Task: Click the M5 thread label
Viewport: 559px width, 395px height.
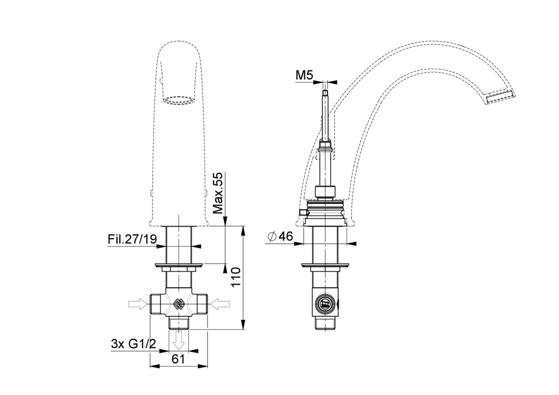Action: tap(304, 75)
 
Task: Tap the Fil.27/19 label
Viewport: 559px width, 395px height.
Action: tap(132, 239)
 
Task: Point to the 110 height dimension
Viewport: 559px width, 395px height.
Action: tap(236, 277)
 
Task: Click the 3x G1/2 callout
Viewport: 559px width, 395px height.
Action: tap(134, 344)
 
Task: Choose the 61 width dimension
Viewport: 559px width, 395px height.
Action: tap(179, 359)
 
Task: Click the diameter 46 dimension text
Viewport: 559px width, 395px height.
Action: tap(280, 237)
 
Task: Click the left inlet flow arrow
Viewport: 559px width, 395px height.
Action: tap(138, 304)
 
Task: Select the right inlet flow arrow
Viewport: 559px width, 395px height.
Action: tap(220, 304)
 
